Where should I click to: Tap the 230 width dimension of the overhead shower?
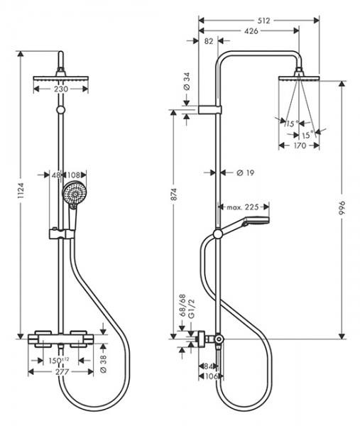pos(61,89)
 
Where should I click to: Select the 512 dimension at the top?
pos(263,21)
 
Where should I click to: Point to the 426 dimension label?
pos(251,31)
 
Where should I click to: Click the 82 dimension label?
pos(209,41)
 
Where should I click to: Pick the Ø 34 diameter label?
pos(187,81)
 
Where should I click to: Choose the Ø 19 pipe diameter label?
pos(246,173)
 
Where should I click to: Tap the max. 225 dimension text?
pos(243,207)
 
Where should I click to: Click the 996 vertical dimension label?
pos(342,208)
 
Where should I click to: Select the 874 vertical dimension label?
pos(174,195)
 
